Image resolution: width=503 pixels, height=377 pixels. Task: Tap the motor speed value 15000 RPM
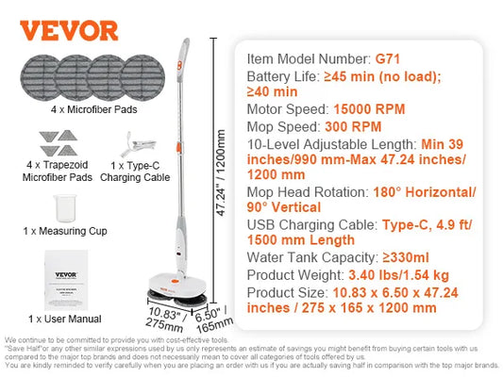click(x=360, y=109)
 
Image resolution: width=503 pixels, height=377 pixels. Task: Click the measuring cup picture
click(x=64, y=207)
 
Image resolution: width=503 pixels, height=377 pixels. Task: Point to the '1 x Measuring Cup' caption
click(x=64, y=231)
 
